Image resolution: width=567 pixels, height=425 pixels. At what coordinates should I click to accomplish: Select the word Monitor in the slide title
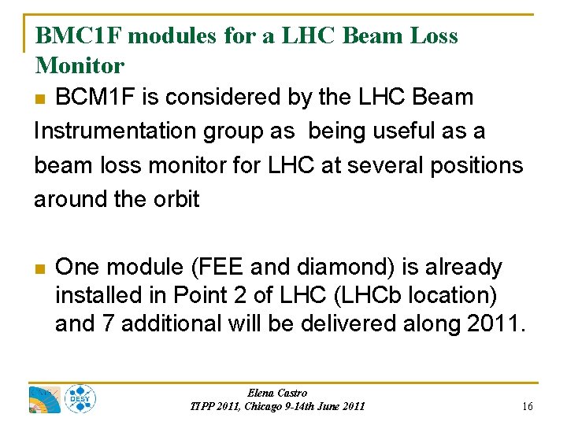tap(80, 65)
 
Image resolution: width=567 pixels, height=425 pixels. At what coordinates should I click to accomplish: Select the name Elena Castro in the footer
tap(277, 393)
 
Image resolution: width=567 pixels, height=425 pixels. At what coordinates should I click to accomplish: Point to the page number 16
tap(527, 406)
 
